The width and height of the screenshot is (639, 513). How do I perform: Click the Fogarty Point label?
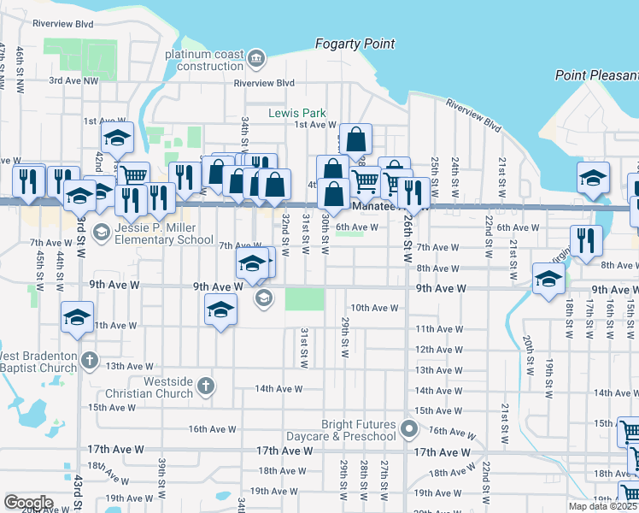click(x=355, y=44)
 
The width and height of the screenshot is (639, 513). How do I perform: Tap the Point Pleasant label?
click(x=596, y=75)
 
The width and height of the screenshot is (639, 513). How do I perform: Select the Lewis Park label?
click(x=297, y=113)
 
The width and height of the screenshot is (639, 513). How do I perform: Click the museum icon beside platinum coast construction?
click(x=257, y=58)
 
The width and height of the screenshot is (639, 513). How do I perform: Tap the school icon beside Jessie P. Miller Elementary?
click(x=101, y=232)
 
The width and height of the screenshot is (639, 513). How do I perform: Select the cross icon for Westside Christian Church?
click(x=204, y=386)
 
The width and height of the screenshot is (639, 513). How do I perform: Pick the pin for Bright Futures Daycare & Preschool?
click(x=410, y=429)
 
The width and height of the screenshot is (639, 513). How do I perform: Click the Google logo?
click(x=28, y=503)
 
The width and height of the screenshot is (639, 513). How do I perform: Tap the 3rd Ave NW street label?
click(x=73, y=80)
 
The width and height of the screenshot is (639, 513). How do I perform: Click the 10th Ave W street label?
click(x=374, y=308)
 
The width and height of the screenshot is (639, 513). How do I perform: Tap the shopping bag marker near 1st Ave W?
click(x=357, y=139)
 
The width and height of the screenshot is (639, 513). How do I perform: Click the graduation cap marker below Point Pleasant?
click(x=593, y=178)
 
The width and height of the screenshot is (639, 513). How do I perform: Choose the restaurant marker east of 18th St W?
click(x=587, y=240)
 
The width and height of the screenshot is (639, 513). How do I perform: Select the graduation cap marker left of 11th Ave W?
click(x=77, y=317)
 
